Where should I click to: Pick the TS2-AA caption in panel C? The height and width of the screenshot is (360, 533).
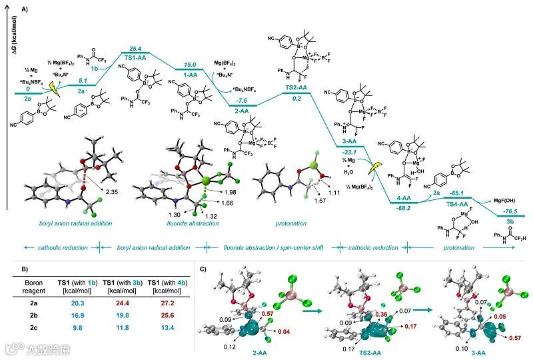(354, 353)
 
